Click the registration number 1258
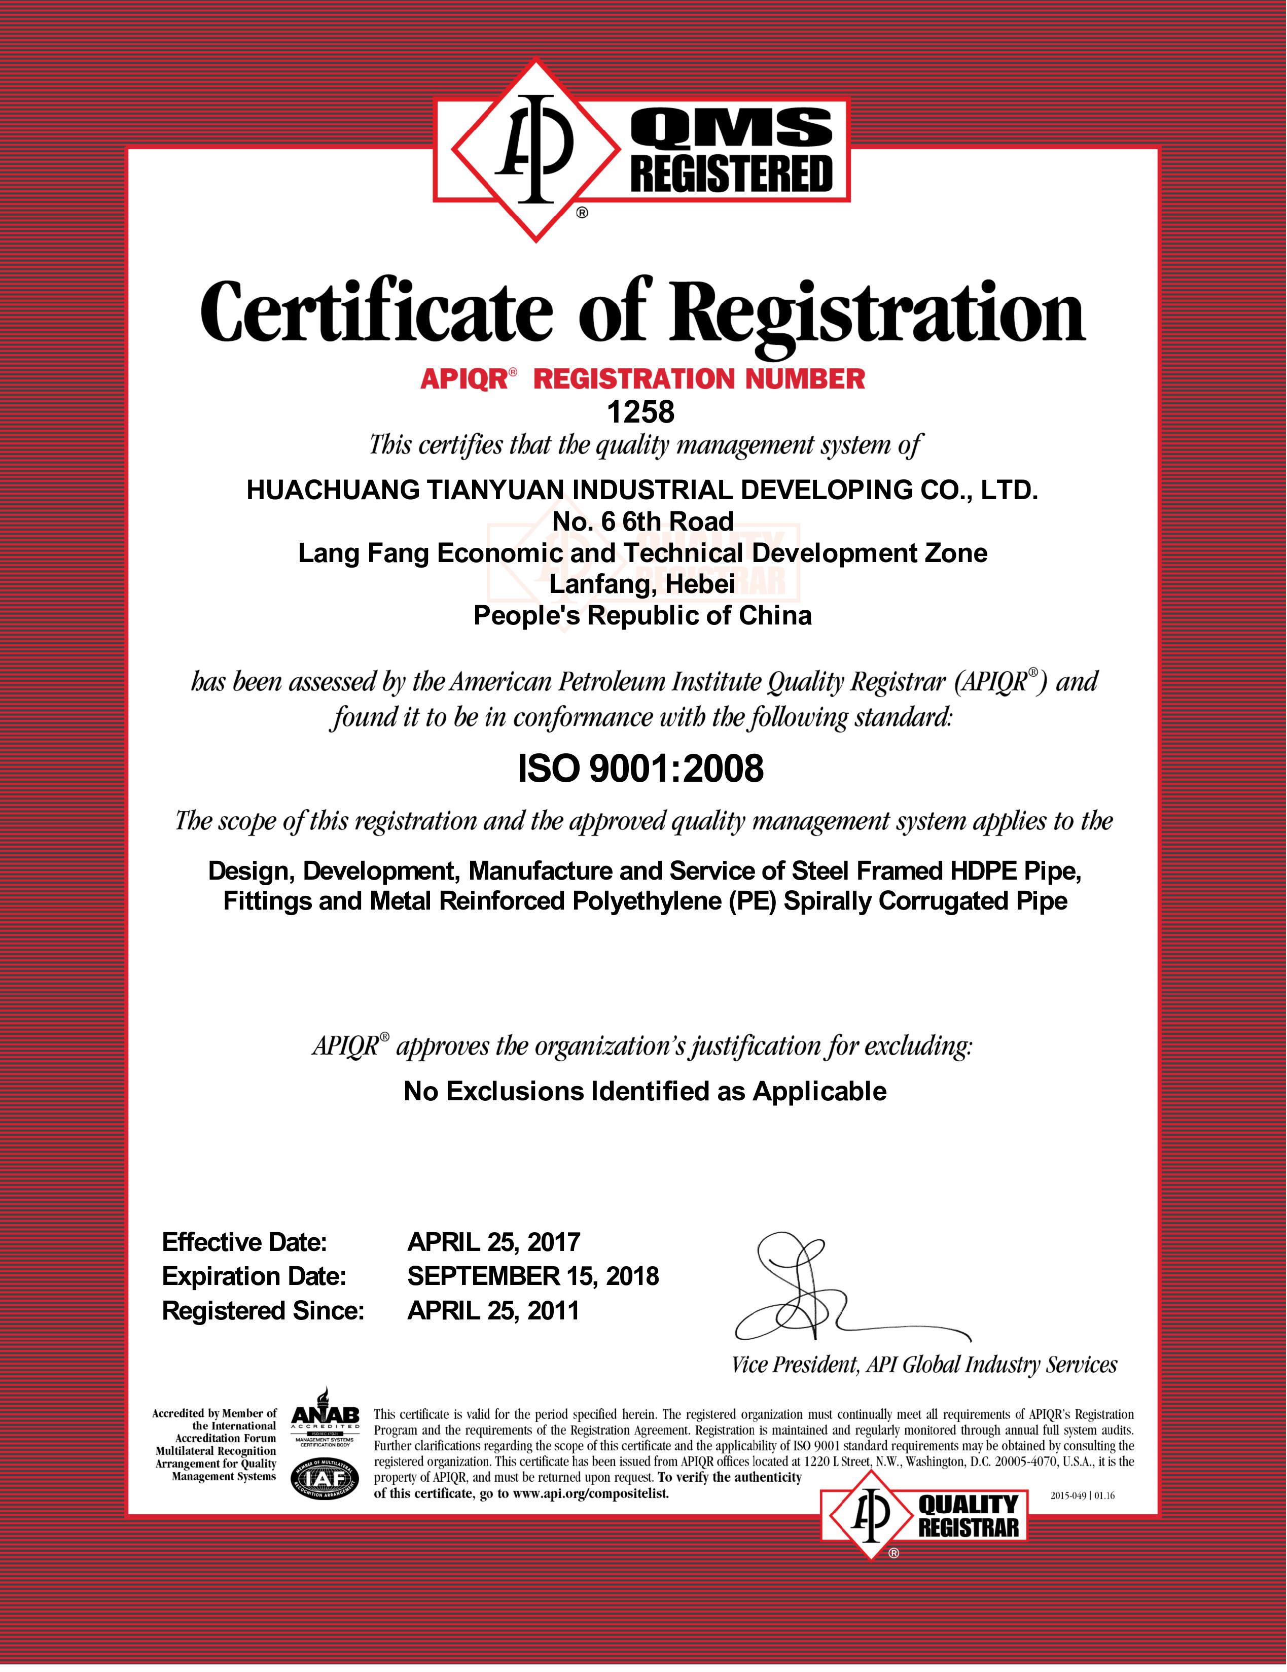pos(640,412)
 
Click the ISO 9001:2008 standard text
pos(640,768)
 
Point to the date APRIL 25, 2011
pos(493,1311)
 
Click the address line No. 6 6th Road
pos(642,521)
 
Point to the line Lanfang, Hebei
pos(642,584)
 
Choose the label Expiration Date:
pos(254,1276)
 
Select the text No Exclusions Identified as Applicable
pos(645,1091)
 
